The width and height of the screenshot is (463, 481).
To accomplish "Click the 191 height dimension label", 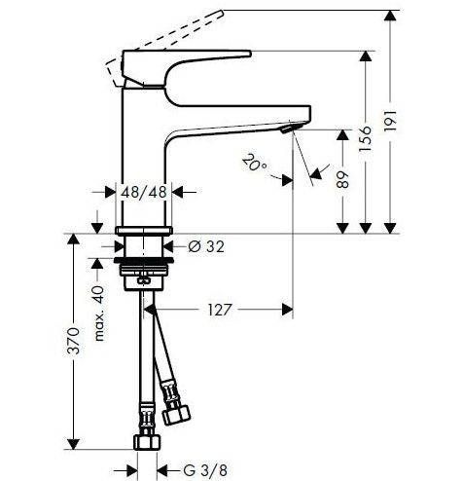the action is [x=390, y=120].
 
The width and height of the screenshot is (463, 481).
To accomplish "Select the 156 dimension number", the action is [x=366, y=139].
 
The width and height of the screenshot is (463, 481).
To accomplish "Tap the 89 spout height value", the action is [x=342, y=179].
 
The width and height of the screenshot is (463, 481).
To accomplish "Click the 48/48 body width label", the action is [x=144, y=192].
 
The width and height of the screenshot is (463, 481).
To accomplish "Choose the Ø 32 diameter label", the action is [x=206, y=247].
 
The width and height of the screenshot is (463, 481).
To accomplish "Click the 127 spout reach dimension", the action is [x=220, y=310].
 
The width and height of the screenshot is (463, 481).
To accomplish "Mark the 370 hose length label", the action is [x=73, y=341].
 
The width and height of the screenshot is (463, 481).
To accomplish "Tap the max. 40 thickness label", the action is [x=98, y=314].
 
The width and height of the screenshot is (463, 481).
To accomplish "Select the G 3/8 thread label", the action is [x=205, y=470].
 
